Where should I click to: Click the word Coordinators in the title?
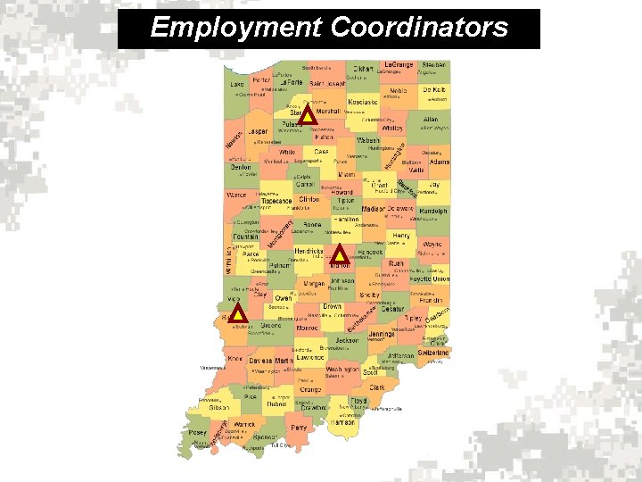click(419, 28)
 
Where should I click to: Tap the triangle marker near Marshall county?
click(308, 115)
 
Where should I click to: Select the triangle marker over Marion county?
click(340, 254)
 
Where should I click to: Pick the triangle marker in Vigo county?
click(238, 313)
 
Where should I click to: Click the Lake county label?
click(236, 84)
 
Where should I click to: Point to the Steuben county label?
click(433, 66)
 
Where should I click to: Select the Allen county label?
click(431, 119)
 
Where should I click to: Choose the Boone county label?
click(312, 225)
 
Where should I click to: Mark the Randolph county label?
click(431, 212)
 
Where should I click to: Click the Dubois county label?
click(277, 403)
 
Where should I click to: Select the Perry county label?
click(299, 428)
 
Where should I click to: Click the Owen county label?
click(283, 298)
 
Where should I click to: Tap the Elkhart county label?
click(364, 68)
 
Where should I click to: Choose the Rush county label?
click(396, 264)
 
